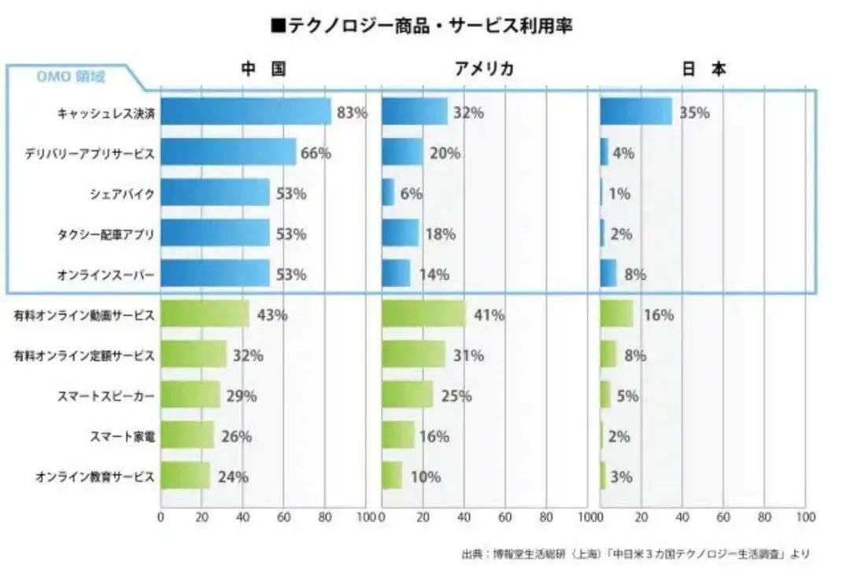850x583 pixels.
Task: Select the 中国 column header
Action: coord(262,69)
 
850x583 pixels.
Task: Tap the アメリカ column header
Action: coord(484,69)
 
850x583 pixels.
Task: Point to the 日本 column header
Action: coord(703,69)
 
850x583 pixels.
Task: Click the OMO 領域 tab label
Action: coord(71,77)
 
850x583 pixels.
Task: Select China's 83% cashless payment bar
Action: coord(246,113)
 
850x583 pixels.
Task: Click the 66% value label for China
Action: coord(316,153)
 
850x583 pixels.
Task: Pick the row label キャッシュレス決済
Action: coord(106,113)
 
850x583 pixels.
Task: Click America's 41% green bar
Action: coord(423,315)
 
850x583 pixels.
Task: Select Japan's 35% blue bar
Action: coord(636,113)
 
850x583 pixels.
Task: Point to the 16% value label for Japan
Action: coord(659,315)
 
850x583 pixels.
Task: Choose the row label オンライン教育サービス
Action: coord(94,477)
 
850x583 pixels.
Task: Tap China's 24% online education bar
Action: coord(185,476)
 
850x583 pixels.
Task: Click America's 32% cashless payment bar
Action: coord(415,113)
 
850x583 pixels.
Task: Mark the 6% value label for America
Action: coord(411,194)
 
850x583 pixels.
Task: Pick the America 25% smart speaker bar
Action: coord(407,396)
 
